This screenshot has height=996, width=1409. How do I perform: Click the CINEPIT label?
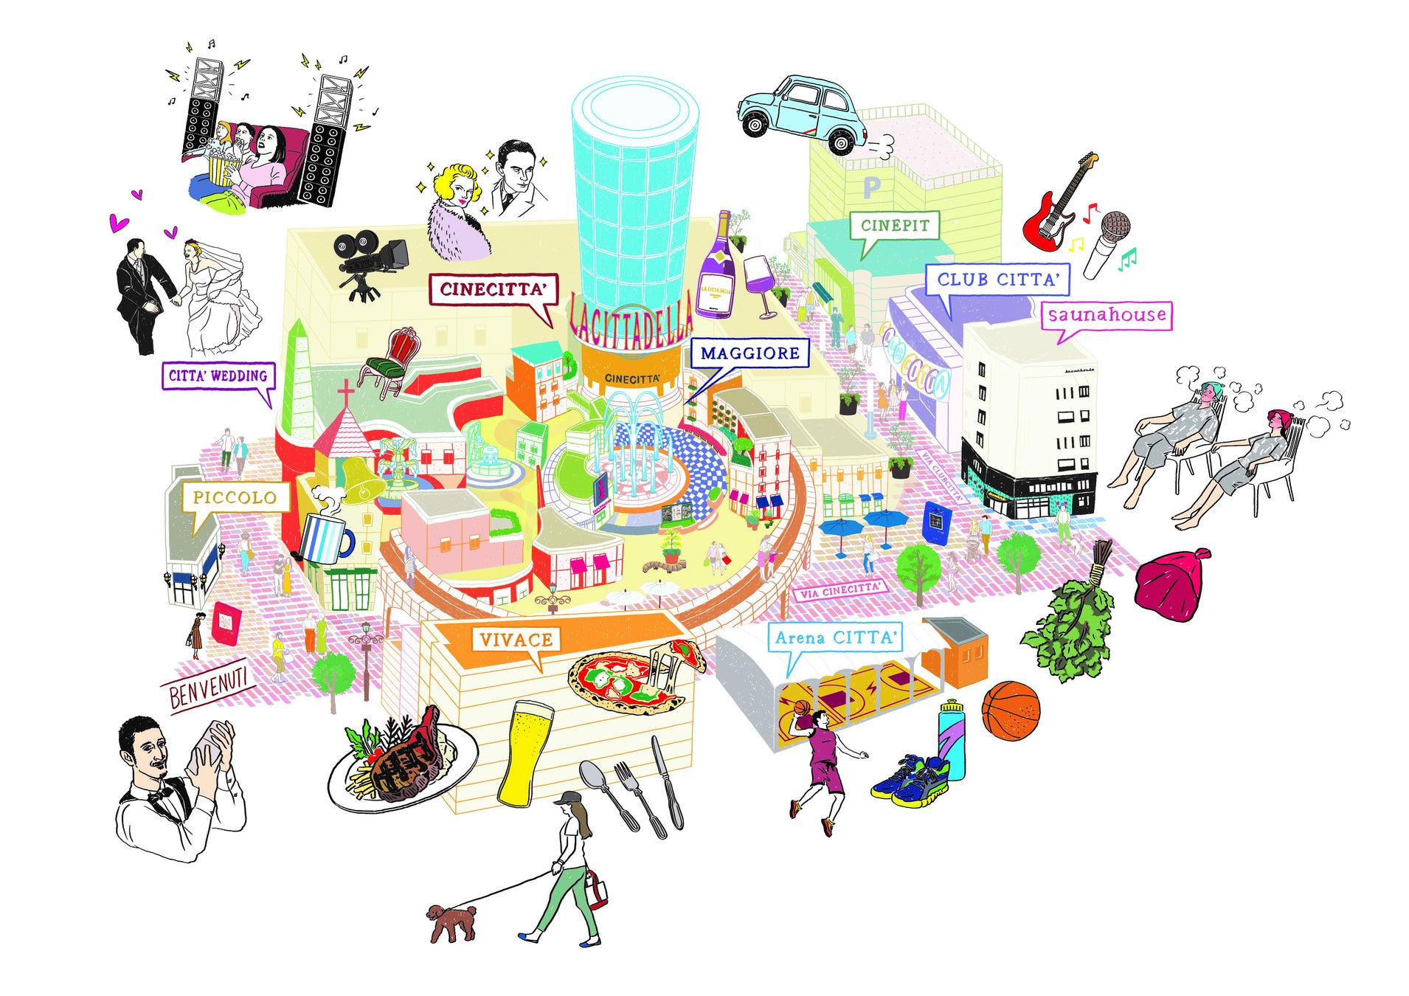[894, 226]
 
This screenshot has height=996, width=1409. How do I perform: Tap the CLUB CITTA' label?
[997, 280]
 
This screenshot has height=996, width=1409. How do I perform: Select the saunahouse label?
[1106, 315]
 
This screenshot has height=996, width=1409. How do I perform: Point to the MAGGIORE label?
[749, 353]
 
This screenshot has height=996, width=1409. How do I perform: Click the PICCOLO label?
[234, 497]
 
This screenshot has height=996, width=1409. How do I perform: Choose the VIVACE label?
[516, 640]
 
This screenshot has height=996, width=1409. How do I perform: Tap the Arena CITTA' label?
[837, 637]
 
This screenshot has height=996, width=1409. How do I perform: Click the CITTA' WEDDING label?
[218, 376]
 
